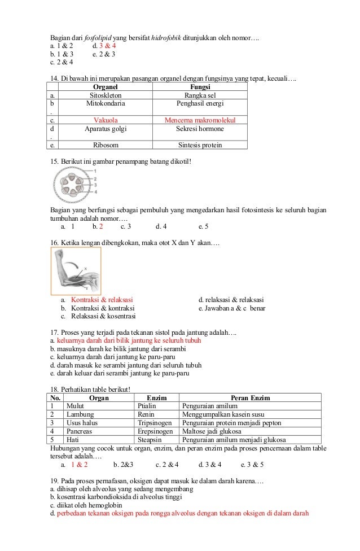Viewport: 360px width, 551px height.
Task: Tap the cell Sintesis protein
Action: tap(200, 145)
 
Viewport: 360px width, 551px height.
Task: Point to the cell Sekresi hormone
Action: tap(200, 129)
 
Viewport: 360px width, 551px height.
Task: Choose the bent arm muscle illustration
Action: tap(76, 271)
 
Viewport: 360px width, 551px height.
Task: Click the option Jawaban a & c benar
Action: tap(232, 308)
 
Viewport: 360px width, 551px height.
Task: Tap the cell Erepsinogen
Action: tap(155, 431)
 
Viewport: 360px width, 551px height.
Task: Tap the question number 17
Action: tap(54, 333)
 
